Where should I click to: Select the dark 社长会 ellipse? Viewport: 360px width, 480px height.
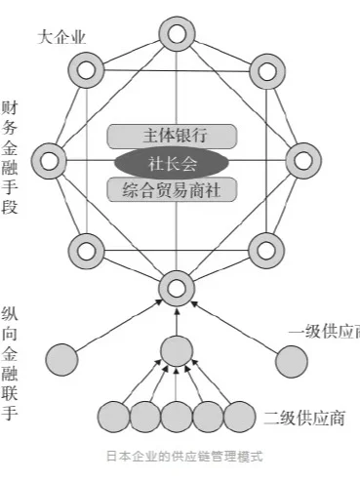(x=172, y=160)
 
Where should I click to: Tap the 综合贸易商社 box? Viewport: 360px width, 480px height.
(x=173, y=187)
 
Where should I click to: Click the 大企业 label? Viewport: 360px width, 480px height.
(x=61, y=38)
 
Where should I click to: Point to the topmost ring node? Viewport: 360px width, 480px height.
(x=176, y=36)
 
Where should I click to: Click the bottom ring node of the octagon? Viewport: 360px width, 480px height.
(x=176, y=287)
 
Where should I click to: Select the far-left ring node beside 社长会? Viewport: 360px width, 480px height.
(x=49, y=160)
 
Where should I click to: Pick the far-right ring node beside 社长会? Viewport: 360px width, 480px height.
(x=301, y=160)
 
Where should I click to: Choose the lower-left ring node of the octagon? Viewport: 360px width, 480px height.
(x=86, y=250)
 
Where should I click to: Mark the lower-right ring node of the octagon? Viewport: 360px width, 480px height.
(x=264, y=250)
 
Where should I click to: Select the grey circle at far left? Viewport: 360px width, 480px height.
(x=63, y=359)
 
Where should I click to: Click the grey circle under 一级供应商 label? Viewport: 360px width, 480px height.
(x=291, y=360)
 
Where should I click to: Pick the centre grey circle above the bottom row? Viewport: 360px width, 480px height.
(x=176, y=349)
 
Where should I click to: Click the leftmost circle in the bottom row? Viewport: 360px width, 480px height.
(x=114, y=417)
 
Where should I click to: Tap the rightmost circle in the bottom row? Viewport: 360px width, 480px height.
(x=238, y=417)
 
